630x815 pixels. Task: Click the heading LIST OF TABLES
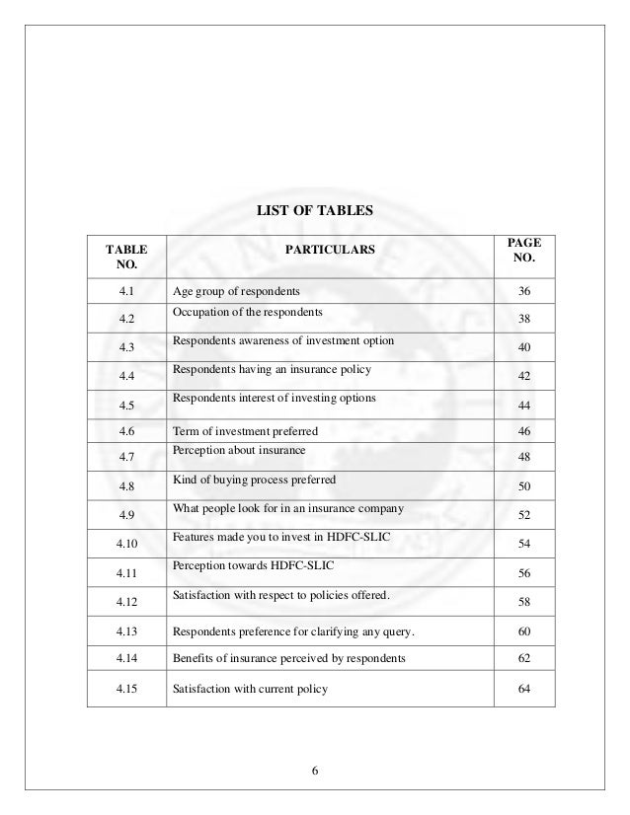click(315, 210)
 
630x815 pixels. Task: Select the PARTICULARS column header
click(330, 251)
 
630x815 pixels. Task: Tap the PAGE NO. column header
click(530, 251)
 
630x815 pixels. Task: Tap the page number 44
click(530, 407)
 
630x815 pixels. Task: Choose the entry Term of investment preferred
click(245, 432)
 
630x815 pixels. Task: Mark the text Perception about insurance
click(239, 450)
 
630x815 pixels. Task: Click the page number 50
click(530, 488)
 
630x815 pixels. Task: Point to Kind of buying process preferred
click(254, 480)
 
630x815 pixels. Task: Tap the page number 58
click(530, 603)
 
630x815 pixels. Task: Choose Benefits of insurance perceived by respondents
click(288, 658)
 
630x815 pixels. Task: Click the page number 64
click(530, 688)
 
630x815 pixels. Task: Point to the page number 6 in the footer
click(314, 770)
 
